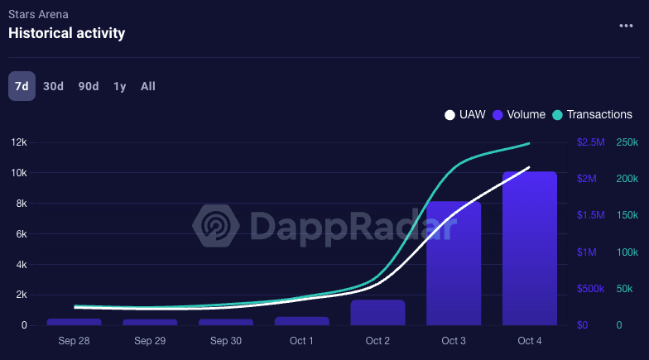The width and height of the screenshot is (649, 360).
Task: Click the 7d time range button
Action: [22, 86]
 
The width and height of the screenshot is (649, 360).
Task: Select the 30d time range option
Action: [53, 86]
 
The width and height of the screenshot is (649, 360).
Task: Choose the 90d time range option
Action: [89, 86]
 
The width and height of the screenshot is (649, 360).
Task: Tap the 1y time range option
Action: [120, 86]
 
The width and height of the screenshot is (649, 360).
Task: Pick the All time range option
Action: [148, 86]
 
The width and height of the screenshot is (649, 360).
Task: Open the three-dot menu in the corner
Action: [626, 26]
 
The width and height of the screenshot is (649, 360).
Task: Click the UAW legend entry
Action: [467, 115]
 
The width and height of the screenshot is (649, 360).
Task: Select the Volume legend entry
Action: [519, 115]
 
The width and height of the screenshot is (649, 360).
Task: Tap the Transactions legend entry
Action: [592, 115]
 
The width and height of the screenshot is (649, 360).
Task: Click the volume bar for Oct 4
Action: [530, 248]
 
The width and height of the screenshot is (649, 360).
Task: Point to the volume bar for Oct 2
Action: [377, 313]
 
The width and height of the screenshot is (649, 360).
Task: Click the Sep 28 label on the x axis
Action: [74, 341]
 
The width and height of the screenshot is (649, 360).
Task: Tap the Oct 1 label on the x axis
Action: [301, 341]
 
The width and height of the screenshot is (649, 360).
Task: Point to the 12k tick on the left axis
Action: [18, 142]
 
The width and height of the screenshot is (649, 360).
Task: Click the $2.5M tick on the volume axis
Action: [590, 142]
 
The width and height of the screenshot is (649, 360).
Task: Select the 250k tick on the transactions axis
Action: [627, 142]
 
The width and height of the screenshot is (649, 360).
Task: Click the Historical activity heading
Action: [66, 33]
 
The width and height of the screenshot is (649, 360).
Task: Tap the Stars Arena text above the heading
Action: [38, 14]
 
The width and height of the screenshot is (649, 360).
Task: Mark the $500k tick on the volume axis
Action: [589, 289]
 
